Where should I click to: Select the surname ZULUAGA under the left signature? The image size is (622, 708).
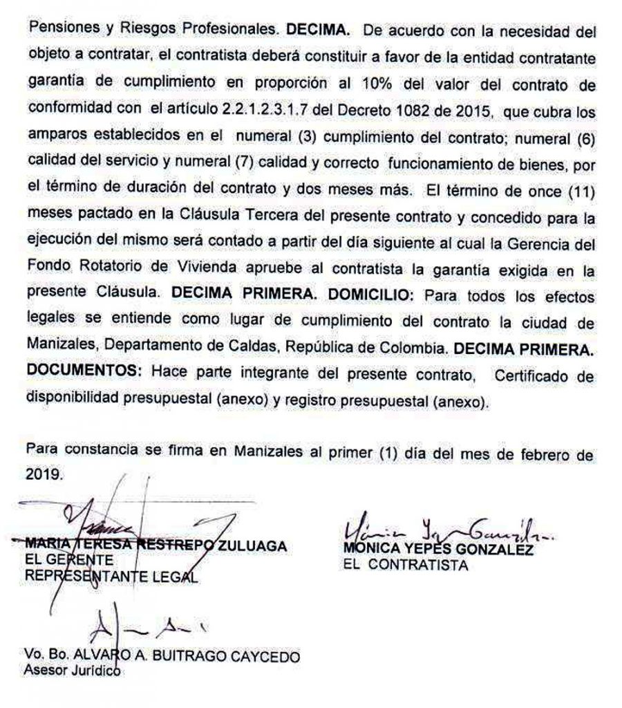[252, 546]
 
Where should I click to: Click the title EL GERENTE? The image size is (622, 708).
[59, 560]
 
